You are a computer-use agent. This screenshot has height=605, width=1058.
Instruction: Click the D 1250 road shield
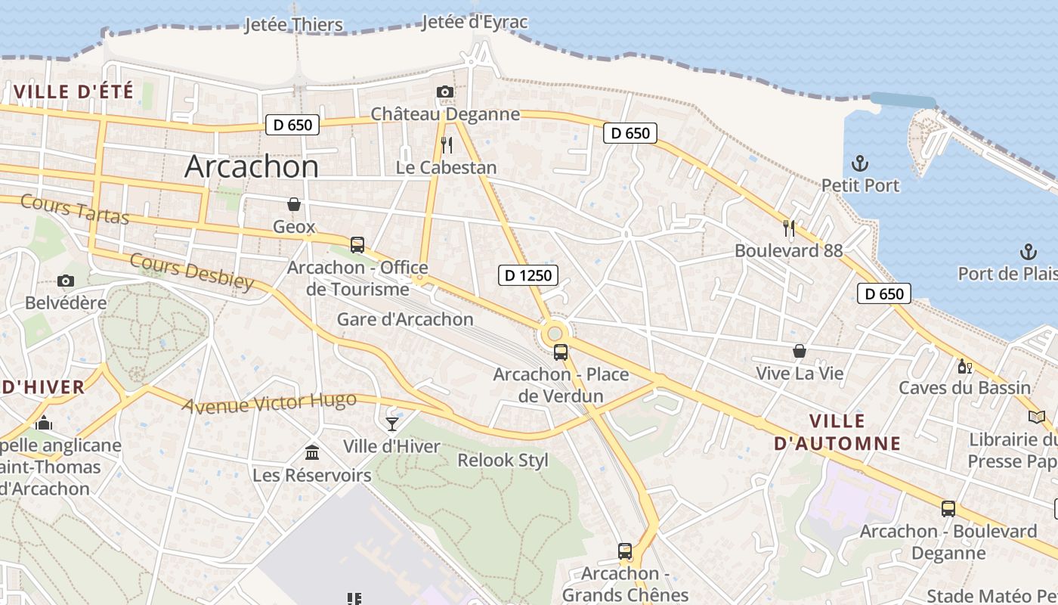(x=528, y=275)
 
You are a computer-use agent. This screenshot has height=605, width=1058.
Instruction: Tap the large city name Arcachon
(x=252, y=166)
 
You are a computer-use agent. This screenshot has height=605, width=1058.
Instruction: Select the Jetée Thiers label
(x=293, y=25)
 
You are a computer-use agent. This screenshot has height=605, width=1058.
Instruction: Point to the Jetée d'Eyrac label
(x=475, y=22)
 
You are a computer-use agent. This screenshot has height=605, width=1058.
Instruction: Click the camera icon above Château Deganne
(x=445, y=92)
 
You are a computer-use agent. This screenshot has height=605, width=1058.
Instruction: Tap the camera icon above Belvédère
(x=66, y=281)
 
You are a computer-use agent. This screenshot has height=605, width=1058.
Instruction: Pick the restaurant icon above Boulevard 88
(x=789, y=228)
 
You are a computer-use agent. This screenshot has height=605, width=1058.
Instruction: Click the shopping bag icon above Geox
(x=294, y=204)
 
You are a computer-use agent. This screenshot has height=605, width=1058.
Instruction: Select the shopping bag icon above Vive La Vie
(x=800, y=351)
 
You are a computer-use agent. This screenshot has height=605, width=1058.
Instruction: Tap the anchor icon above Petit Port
(x=859, y=163)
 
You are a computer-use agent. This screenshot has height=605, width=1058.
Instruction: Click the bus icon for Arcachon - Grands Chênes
(x=625, y=551)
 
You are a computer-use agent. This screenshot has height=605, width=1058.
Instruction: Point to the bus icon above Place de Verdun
(x=561, y=352)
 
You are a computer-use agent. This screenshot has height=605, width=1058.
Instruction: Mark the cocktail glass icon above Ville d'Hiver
(x=392, y=423)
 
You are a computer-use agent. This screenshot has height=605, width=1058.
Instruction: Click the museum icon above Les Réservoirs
(x=312, y=452)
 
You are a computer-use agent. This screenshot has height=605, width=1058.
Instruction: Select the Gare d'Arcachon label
(x=405, y=319)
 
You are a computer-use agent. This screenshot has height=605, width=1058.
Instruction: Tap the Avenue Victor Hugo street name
(x=268, y=403)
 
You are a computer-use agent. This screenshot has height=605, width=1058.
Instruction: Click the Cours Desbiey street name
(x=192, y=271)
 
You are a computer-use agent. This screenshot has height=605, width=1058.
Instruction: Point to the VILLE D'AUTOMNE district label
(x=837, y=432)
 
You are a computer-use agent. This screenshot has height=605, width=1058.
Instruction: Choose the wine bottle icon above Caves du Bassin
(x=964, y=367)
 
